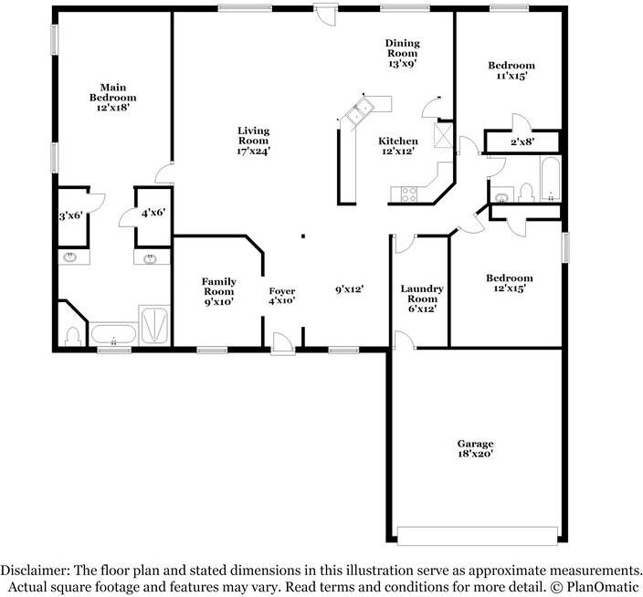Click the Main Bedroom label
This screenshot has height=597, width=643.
coord(112,98)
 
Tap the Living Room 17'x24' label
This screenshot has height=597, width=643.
coord(253,141)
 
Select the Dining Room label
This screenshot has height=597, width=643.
coord(401,53)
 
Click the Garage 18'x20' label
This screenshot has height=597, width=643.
coord(476,449)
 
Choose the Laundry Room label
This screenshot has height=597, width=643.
coord(421,298)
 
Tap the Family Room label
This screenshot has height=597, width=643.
coord(218,291)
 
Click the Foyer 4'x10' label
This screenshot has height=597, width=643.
coord(281,296)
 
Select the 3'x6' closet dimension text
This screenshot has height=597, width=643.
coord(71,216)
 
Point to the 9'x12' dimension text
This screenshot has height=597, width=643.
coord(349,289)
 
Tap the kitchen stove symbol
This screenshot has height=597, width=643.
coord(407,193)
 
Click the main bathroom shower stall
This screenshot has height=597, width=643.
coord(154,326)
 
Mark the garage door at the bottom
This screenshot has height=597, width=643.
coord(477,535)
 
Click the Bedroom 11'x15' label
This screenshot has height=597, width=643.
coord(511,70)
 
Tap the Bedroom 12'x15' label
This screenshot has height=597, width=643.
coord(510,283)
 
